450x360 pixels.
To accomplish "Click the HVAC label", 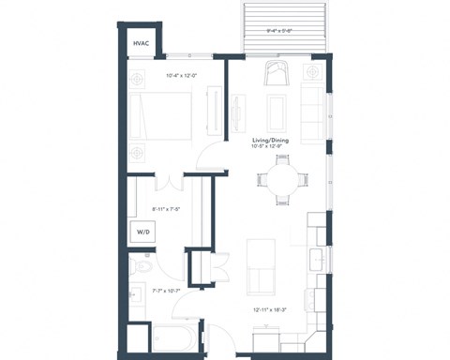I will tap(142, 44).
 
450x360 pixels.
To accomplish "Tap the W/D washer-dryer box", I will tap(142, 231).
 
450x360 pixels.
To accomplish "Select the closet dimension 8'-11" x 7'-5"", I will tap(165, 210).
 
